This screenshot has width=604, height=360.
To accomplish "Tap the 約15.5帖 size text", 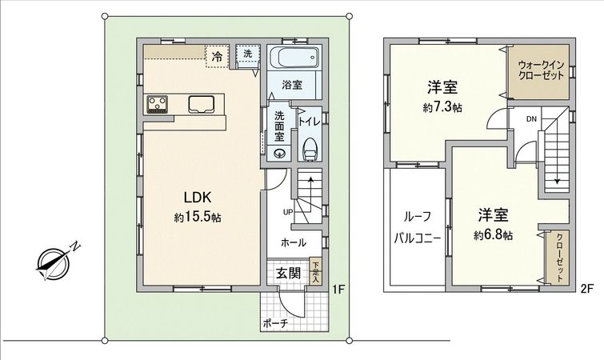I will click(197, 217).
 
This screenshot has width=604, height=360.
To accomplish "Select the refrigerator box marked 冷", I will click(217, 55).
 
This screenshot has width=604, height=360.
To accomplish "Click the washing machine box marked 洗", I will click(247, 54).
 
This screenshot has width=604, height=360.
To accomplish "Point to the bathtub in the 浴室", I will click(293, 58).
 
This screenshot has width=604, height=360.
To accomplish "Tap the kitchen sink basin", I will click(200, 103).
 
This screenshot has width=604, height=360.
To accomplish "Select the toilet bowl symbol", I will click(310, 150).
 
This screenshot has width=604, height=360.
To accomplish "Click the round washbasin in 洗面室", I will click(278, 154).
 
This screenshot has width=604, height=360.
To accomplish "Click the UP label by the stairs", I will click(287, 212).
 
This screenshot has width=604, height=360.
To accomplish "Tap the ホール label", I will click(291, 241).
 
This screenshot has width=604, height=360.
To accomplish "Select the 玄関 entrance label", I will click(288, 273).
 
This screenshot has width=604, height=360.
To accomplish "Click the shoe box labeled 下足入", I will click(316, 271).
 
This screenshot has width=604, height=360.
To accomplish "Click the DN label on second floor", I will click(531, 119).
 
